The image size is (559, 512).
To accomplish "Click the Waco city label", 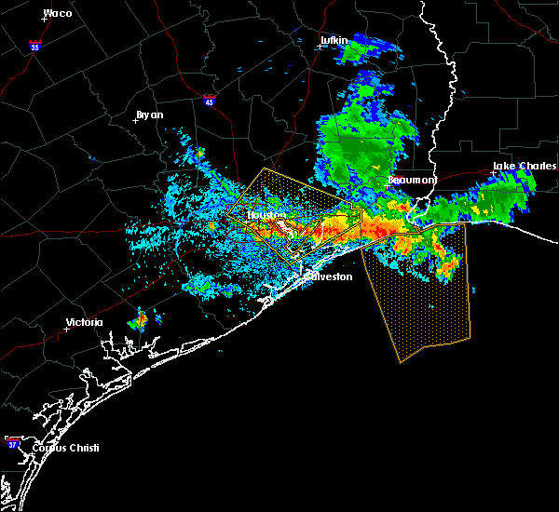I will [58, 13].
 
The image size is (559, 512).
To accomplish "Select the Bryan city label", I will [149, 115].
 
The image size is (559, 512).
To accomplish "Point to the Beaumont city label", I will [411, 180].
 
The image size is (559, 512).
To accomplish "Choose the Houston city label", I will [266, 215].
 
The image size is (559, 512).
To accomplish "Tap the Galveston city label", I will [331, 276].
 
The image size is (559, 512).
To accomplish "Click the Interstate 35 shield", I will [34, 45].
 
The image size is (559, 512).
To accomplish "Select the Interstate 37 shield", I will [13, 440].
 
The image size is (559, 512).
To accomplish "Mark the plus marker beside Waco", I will [44, 20].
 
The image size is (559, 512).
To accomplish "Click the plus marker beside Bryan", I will [136, 121].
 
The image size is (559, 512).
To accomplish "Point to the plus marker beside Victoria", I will [66, 329].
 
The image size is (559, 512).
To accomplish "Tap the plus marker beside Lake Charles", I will [493, 172].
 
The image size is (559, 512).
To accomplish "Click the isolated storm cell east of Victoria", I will [139, 322].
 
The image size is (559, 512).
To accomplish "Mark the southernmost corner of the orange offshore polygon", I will [401, 362].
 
